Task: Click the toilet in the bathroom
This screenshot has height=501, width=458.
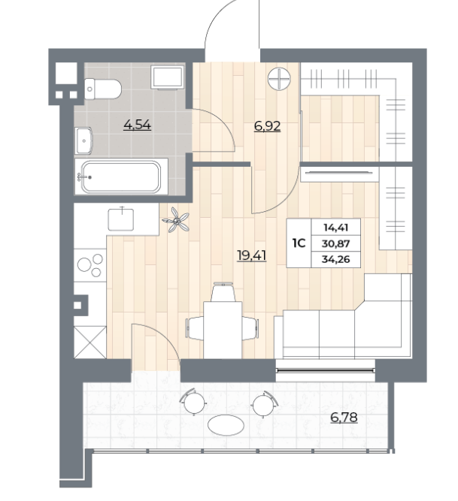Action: [102, 89]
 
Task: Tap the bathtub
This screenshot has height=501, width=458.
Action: [121, 177]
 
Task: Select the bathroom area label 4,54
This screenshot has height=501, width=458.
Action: [137, 125]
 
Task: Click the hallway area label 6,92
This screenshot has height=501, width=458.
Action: [268, 126]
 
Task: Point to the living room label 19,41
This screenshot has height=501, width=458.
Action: [252, 255]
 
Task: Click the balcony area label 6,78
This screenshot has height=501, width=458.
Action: [344, 418]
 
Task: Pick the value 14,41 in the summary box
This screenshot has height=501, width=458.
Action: [336, 228]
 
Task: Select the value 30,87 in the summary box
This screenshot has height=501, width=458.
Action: [336, 244]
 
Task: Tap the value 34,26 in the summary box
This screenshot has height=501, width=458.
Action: [336, 259]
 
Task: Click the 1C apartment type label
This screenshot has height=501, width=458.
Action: [299, 243]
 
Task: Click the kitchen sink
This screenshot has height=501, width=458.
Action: [121, 219]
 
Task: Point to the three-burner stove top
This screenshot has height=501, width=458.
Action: [90, 265]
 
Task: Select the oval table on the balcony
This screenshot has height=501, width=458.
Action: [226, 425]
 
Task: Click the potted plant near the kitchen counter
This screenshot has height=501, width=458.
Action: [176, 219]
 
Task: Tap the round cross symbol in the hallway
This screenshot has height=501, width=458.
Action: [279, 79]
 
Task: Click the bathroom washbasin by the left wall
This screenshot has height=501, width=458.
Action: [83, 140]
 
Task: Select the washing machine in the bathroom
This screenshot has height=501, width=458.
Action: [167, 77]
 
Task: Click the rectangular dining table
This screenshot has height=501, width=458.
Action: [223, 330]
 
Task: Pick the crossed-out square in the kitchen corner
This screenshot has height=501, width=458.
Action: [90, 343]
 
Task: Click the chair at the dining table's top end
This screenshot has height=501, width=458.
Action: [223, 292]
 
